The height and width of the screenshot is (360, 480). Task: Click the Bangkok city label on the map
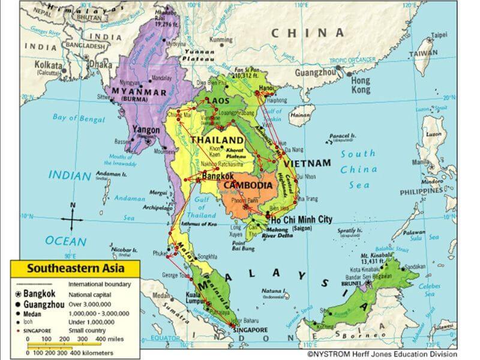(x=220, y=177)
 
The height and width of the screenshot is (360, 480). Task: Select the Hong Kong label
(x=361, y=85)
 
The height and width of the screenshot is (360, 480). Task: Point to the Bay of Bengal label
(x=79, y=118)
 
